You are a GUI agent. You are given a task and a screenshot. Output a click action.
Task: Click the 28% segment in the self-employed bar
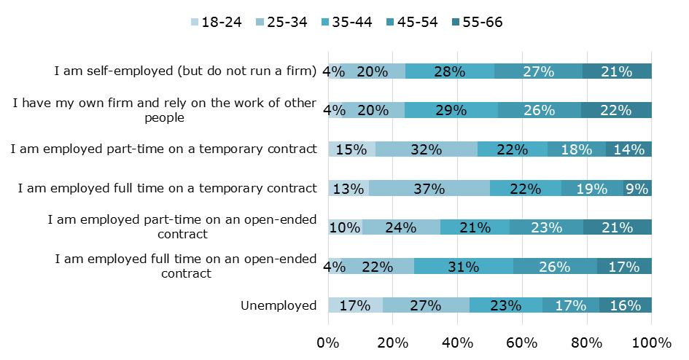449,71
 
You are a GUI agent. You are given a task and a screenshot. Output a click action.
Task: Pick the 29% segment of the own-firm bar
451,110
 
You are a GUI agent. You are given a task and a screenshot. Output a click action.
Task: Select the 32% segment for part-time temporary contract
427,149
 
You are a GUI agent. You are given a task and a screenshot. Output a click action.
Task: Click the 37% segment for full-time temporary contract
429,189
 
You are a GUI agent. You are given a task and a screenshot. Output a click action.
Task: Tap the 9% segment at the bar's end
637,189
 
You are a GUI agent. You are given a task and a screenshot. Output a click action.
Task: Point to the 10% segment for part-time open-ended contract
345,227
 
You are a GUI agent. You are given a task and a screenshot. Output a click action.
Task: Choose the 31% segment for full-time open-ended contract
464,267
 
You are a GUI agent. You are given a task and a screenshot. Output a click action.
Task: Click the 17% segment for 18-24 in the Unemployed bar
355,305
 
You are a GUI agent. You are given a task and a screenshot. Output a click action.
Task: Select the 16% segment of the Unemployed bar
626,305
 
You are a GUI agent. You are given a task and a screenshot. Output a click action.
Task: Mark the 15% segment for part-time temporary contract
351,149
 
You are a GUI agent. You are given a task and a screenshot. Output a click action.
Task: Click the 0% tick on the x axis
328,343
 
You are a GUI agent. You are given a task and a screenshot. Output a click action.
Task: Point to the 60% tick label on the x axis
522,343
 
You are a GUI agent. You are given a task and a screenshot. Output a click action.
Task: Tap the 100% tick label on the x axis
651,343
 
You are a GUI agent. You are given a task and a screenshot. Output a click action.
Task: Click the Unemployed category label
279,305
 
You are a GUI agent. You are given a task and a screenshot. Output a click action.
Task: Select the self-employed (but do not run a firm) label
185,71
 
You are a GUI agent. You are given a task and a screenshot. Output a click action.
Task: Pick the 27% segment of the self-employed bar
538,71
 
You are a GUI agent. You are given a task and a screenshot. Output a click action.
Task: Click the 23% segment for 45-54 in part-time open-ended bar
546,227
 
